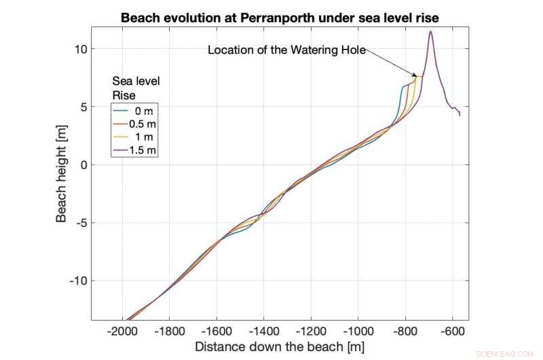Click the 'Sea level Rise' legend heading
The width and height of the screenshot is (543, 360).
(x=135, y=88)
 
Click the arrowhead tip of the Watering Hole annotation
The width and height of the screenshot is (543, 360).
(x=417, y=76)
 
